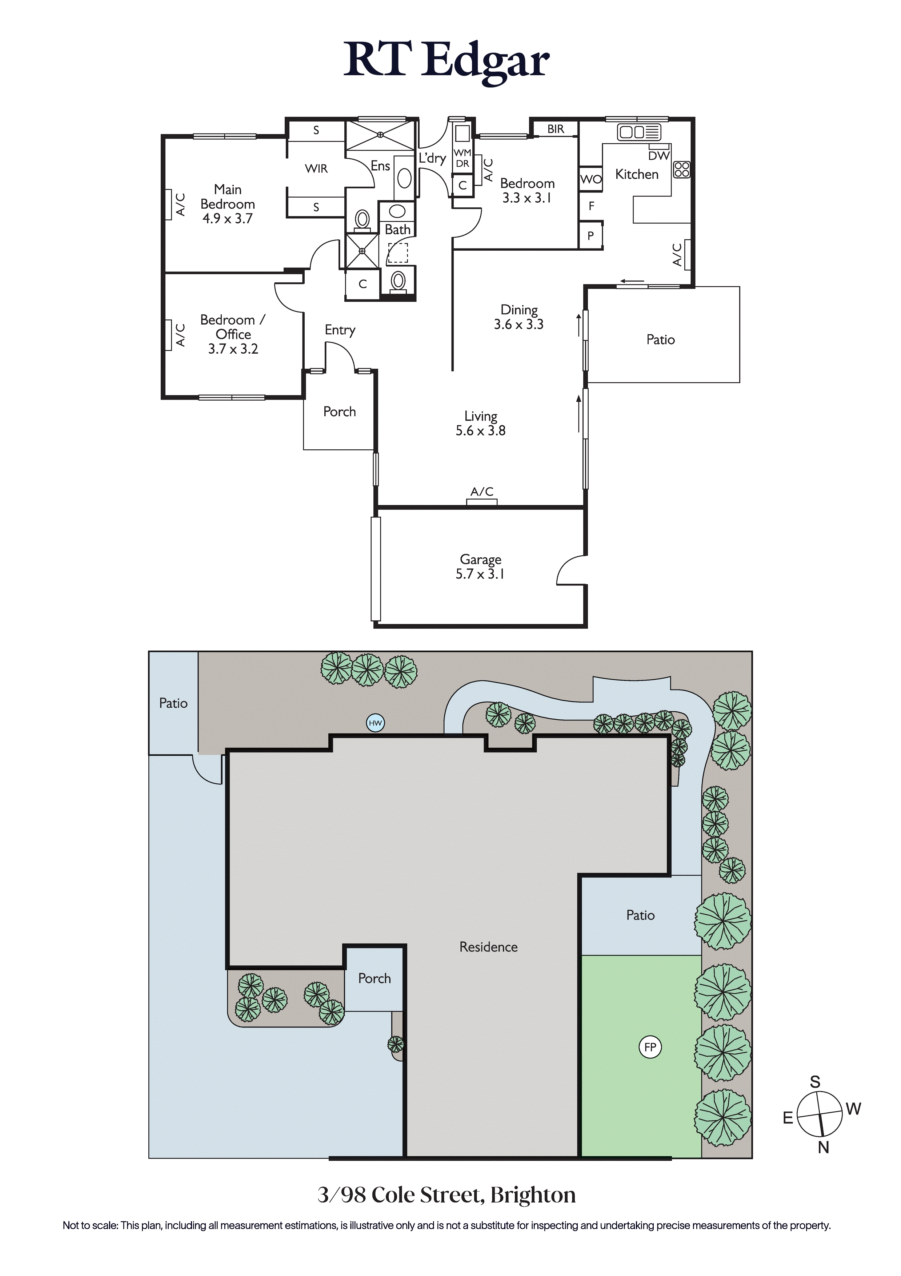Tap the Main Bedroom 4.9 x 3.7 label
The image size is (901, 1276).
pos(228,204)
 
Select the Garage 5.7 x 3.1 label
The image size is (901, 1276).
pos(480,567)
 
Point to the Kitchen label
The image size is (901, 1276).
pos(637,175)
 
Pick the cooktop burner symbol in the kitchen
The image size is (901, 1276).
pos(682,170)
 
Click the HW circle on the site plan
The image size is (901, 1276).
pos(376,723)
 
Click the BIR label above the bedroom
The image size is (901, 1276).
pos(556,129)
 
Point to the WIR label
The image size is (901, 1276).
pos(316,168)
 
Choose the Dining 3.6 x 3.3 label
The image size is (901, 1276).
pos(519,317)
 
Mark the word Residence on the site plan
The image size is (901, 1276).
pos(488,947)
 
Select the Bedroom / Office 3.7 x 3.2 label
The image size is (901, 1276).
pos(233,334)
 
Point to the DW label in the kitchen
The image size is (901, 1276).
pos(659,156)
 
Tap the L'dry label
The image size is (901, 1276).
pos(432,158)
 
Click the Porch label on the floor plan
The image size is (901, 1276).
pos(339,412)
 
